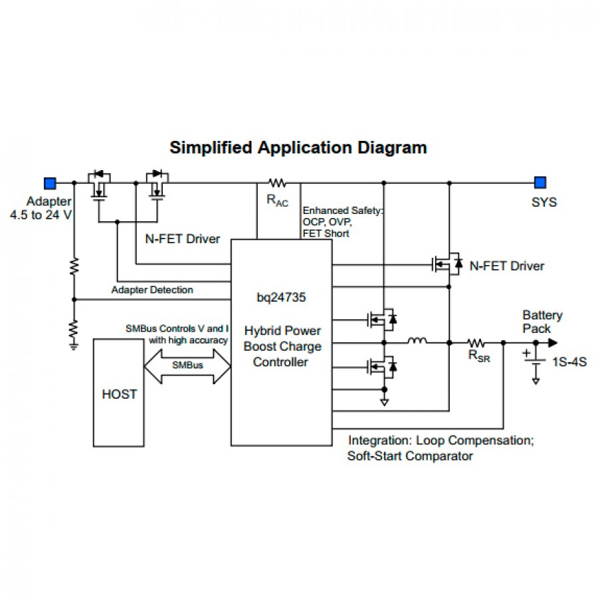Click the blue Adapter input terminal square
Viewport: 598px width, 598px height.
click(x=49, y=182)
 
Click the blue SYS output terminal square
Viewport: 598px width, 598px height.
click(x=540, y=182)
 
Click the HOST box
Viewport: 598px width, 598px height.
click(x=119, y=393)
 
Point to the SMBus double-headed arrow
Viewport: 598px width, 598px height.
click(x=187, y=365)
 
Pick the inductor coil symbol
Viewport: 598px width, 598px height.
click(x=417, y=342)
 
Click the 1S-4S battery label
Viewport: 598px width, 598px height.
click(x=570, y=363)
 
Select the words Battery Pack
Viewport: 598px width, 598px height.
click(x=542, y=322)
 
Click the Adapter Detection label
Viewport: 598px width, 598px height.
click(x=152, y=290)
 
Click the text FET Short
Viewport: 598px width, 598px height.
click(x=326, y=233)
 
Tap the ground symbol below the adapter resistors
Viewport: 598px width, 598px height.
click(x=74, y=342)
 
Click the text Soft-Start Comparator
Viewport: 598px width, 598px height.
click(x=410, y=456)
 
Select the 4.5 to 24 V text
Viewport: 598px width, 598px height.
click(x=41, y=215)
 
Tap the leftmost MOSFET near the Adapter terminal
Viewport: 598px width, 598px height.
click(x=100, y=185)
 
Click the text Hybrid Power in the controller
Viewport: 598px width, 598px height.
click(x=282, y=331)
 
